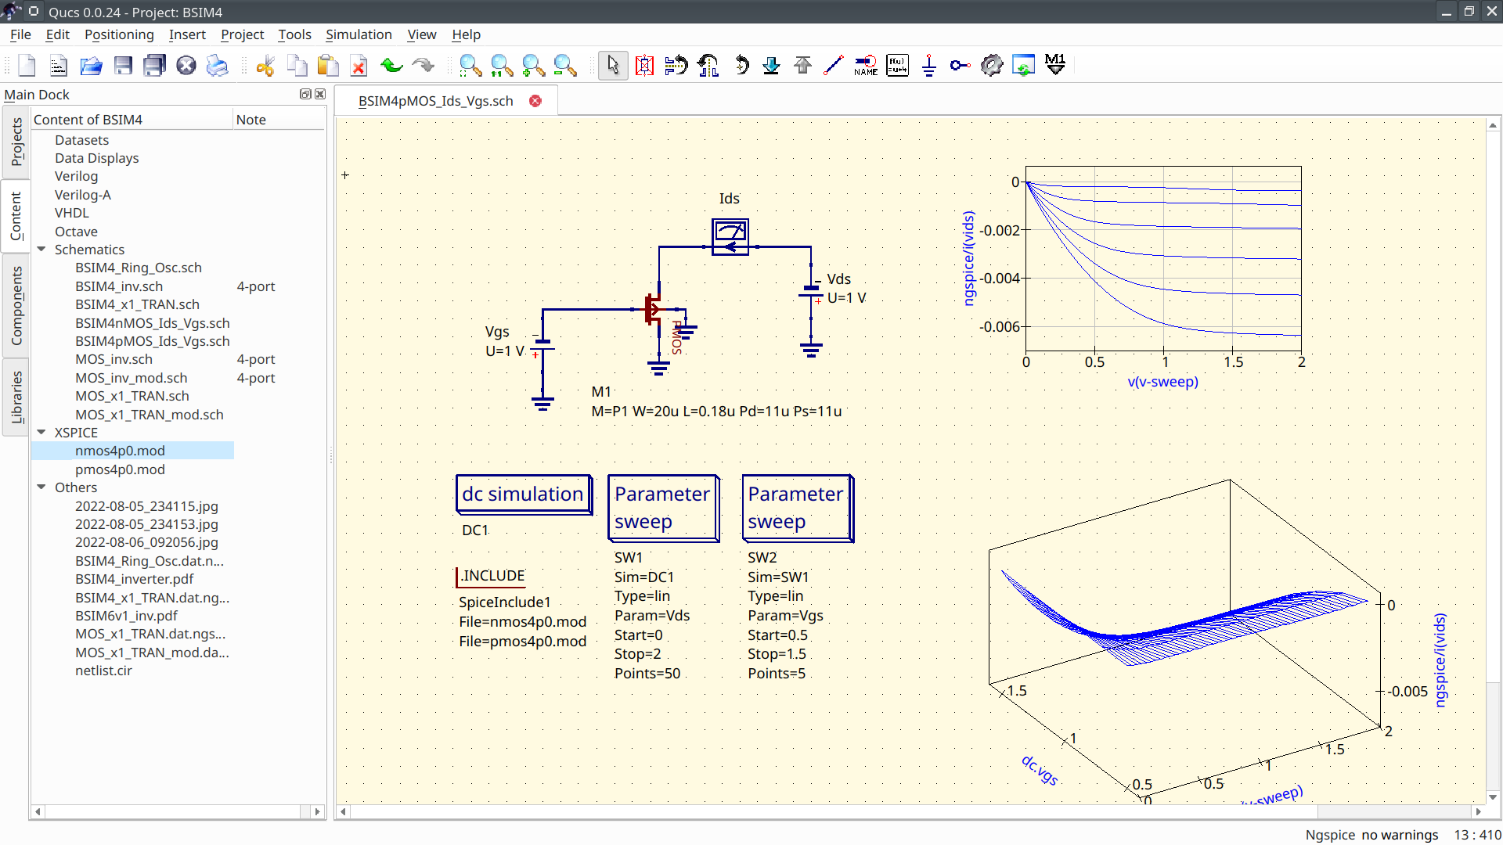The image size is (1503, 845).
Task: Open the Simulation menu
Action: click(x=359, y=34)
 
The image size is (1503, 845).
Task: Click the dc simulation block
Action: click(x=523, y=494)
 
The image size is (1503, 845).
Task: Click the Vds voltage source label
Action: click(x=838, y=279)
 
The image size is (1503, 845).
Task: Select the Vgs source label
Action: click(x=497, y=332)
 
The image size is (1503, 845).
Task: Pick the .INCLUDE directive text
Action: click(x=492, y=576)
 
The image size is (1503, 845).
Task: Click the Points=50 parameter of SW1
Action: click(x=647, y=674)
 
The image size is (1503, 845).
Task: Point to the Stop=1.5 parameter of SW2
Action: click(x=777, y=654)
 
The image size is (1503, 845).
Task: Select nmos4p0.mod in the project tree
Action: click(x=120, y=451)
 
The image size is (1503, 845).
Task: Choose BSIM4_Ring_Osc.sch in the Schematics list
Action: click(x=139, y=268)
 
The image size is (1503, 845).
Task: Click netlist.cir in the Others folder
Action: click(x=103, y=671)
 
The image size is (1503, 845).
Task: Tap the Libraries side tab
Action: click(x=16, y=397)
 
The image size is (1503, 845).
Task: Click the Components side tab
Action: click(x=16, y=305)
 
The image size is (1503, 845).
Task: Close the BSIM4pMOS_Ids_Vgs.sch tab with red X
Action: click(x=535, y=101)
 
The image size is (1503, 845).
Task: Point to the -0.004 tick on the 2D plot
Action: click(x=1000, y=279)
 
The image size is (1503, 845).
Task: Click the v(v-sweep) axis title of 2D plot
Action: click(x=1162, y=382)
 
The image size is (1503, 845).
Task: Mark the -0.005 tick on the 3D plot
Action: click(x=1407, y=692)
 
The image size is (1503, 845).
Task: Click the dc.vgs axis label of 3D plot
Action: click(x=1040, y=770)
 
